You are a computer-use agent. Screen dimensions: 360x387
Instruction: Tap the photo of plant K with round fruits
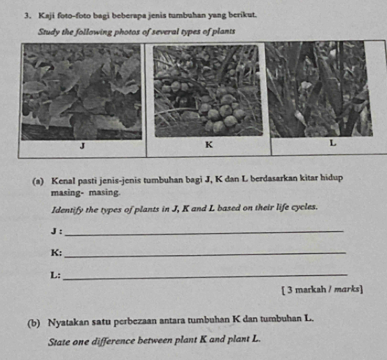click(208, 90)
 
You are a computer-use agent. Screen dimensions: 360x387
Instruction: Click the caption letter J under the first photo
click(81, 148)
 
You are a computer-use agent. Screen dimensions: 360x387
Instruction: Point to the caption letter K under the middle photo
click(208, 146)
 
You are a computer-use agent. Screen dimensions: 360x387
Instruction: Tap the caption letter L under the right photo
click(332, 146)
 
